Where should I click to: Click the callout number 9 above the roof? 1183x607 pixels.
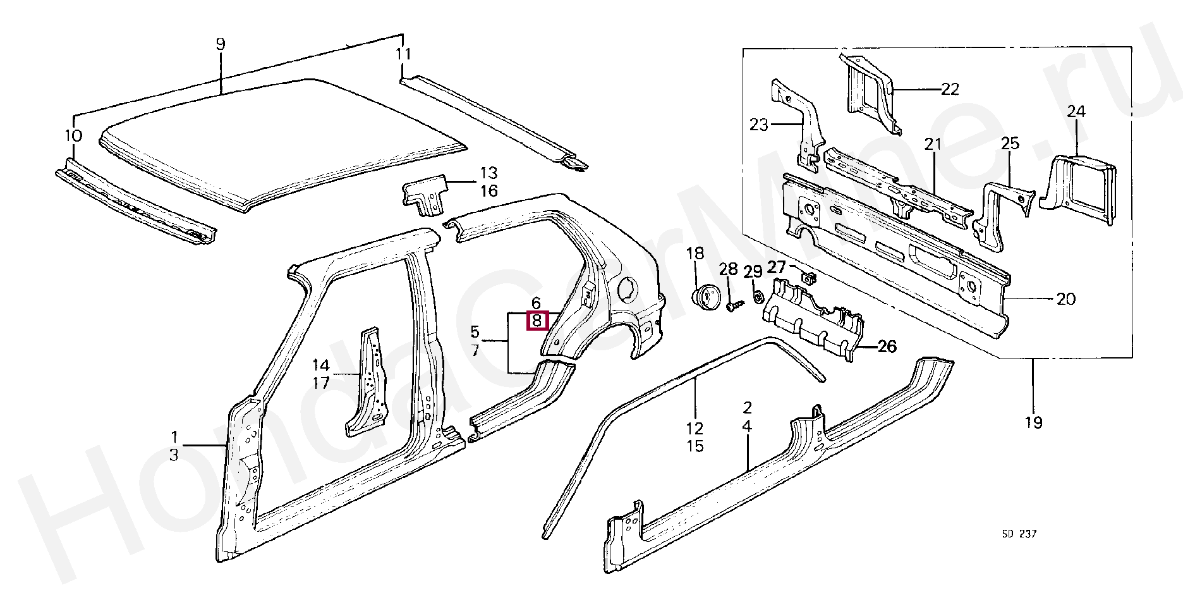(220, 44)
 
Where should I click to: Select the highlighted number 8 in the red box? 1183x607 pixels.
(537, 321)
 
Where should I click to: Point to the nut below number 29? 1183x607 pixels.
(756, 297)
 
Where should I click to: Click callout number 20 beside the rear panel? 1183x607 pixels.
(1065, 298)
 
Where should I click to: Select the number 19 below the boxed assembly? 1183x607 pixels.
(1033, 422)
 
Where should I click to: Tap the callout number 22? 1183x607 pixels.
(950, 89)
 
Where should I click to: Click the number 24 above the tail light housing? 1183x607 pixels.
(1076, 111)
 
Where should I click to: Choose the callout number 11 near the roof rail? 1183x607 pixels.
(403, 54)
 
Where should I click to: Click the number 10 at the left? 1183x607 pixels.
(73, 135)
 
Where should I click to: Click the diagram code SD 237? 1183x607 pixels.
(1019, 534)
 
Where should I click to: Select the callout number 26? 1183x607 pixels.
(887, 346)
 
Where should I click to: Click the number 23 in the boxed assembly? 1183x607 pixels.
(758, 125)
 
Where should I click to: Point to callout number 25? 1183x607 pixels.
(1010, 144)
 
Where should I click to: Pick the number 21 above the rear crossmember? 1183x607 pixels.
(933, 144)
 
